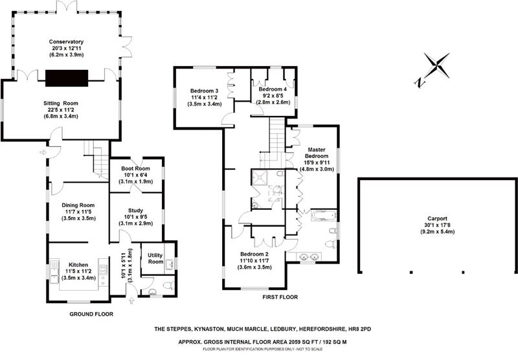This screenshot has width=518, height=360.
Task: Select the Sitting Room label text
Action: coord(60,103)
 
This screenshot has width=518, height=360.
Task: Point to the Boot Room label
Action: coord(136,166)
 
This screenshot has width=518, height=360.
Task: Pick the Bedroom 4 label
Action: coord(273,89)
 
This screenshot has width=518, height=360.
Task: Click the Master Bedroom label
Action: coord(315,150)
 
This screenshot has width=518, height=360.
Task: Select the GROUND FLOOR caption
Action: coord(91,314)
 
